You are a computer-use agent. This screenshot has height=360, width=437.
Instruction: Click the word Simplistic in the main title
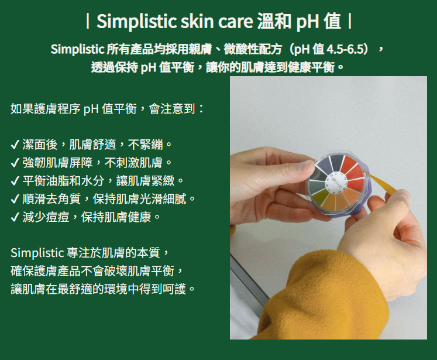click(x=137, y=21)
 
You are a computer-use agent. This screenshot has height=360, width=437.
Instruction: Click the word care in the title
click(x=235, y=22)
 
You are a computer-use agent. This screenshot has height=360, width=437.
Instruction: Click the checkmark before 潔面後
click(x=15, y=145)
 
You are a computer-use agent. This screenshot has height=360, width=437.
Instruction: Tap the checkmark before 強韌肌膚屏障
click(x=15, y=163)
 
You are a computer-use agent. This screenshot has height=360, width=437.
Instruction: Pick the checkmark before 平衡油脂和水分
click(x=15, y=181)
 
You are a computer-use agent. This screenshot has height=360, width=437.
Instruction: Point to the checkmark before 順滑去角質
click(x=15, y=199)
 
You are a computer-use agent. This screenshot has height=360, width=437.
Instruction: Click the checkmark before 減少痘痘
click(x=15, y=217)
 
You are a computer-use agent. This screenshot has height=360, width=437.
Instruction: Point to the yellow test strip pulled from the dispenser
click(x=381, y=183)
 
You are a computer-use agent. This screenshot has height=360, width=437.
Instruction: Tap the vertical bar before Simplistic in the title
click(x=88, y=22)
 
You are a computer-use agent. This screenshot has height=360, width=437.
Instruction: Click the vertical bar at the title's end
click(x=350, y=22)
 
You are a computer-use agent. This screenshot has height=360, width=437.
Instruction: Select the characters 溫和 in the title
click(x=274, y=22)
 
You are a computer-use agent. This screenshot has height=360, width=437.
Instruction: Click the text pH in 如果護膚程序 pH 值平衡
click(x=91, y=109)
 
